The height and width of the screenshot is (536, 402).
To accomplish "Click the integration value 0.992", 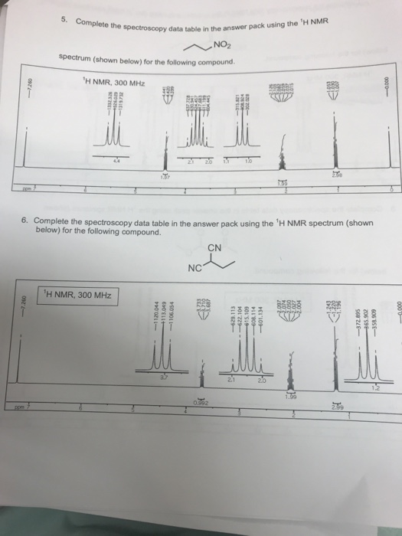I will coord(201,403).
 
